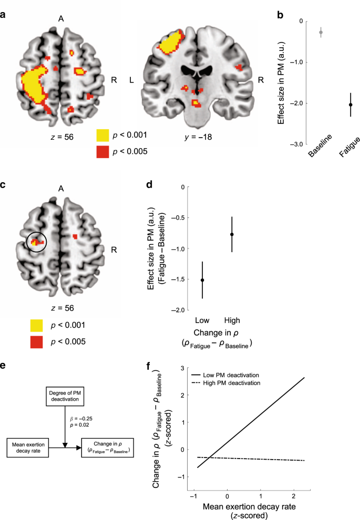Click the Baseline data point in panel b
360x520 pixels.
click(x=306, y=33)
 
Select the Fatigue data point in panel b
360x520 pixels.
click(x=336, y=105)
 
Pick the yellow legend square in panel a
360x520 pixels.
click(x=104, y=136)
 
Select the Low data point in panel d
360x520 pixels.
click(x=202, y=280)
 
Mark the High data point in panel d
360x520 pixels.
click(x=232, y=234)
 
